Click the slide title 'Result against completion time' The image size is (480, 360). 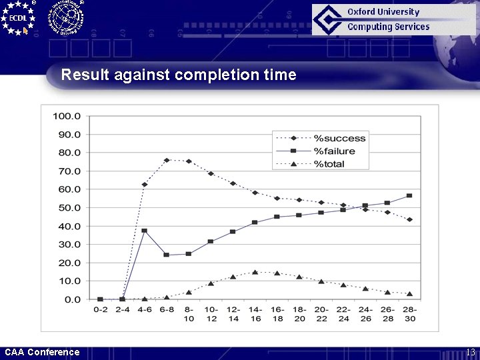[179, 75]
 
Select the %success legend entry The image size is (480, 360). [340, 138]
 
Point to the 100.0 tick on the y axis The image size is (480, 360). [67, 115]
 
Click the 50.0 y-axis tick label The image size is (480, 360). [69, 207]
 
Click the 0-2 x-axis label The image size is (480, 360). [100, 309]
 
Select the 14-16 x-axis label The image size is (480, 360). [255, 313]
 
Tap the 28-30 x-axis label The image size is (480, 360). [409, 313]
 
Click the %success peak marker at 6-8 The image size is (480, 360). [167, 160]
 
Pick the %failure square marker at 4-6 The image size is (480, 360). [144, 231]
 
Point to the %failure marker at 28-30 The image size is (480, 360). [409, 195]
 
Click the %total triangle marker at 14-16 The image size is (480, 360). [255, 272]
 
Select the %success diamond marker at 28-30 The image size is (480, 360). [409, 219]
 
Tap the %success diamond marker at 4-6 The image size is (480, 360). [144, 185]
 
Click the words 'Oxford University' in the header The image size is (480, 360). [383, 12]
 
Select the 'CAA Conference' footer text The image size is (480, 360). [42, 352]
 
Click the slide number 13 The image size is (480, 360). [470, 352]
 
